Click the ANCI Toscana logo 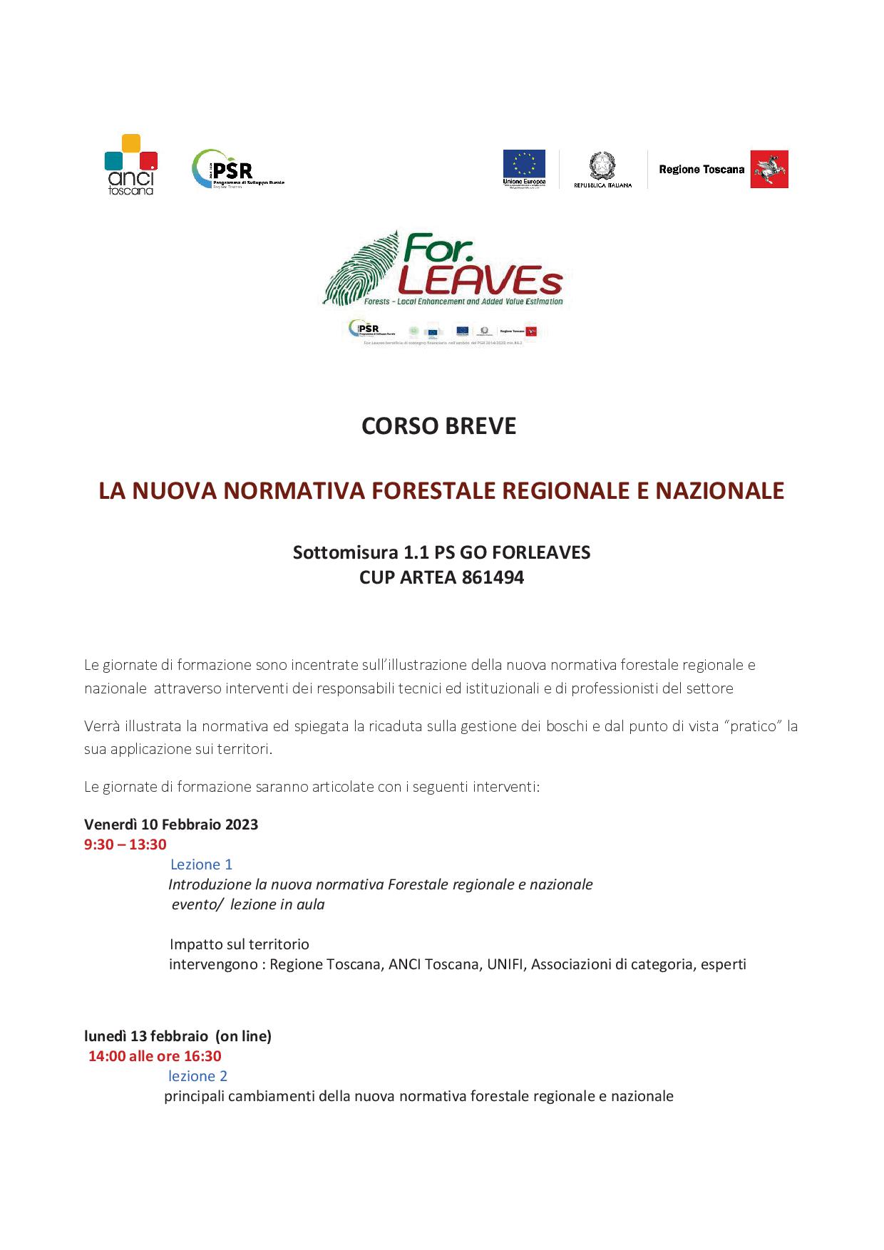(130, 165)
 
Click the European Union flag (524, 164)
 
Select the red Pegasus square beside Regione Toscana (769, 170)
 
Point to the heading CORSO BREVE (438, 426)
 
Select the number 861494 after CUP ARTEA (493, 577)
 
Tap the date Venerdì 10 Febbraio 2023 (171, 825)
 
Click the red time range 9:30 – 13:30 (125, 844)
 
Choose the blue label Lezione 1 (201, 864)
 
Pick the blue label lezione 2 (197, 1075)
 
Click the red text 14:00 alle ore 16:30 (155, 1055)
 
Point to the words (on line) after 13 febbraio (243, 1035)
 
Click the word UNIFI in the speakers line (505, 964)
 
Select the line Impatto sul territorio (240, 944)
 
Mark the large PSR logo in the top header (237, 170)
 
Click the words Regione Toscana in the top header (701, 170)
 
